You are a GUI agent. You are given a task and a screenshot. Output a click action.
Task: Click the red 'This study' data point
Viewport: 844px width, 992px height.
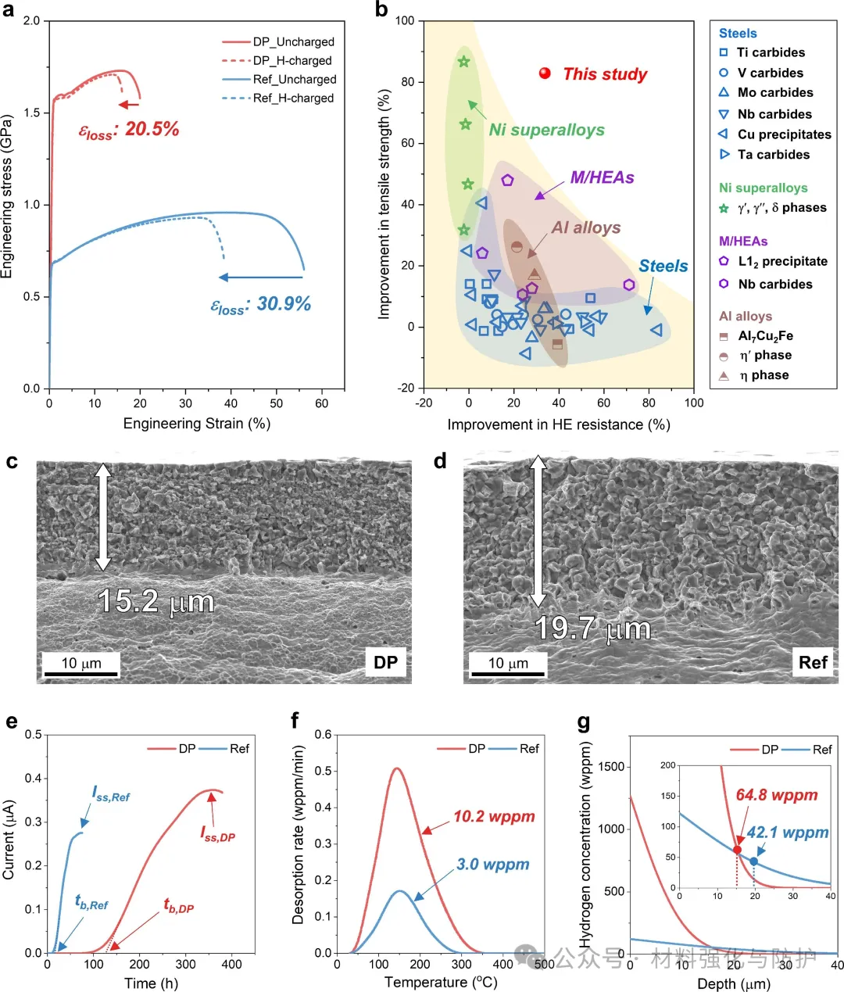[545, 73]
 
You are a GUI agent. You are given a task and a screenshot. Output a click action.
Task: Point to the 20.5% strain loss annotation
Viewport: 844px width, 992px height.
[130, 130]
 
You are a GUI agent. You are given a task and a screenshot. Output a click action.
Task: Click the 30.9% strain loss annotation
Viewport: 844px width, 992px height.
[261, 304]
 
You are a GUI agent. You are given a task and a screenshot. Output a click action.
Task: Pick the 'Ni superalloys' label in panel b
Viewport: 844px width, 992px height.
[547, 130]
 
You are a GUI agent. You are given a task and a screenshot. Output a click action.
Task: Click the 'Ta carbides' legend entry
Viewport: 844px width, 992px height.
[773, 155]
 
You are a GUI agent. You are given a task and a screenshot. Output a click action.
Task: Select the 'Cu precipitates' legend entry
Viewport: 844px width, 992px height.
[784, 134]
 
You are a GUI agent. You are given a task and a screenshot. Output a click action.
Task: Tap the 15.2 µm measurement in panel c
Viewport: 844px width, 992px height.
[156, 601]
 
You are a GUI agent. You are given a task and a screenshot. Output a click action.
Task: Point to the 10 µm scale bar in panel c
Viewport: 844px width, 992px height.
[80, 664]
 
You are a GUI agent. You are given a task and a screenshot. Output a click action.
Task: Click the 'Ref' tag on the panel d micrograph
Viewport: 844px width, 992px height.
[813, 663]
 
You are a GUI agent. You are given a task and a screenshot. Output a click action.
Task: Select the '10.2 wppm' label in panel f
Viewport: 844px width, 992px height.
[494, 817]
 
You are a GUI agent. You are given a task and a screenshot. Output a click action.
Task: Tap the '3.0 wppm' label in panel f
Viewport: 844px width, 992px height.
[493, 865]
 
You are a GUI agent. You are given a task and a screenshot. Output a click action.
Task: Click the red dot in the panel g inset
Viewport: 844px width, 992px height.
[737, 850]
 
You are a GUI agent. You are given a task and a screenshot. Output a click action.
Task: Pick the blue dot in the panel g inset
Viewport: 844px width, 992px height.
[754, 861]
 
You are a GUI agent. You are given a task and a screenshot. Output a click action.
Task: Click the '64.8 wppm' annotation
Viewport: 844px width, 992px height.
[777, 795]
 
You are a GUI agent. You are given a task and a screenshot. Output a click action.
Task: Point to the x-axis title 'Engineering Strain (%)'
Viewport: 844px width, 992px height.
[196, 424]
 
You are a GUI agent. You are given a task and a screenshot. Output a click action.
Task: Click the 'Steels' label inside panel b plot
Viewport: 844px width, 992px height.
[663, 266]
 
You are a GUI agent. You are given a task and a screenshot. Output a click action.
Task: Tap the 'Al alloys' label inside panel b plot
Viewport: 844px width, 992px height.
[586, 227]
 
